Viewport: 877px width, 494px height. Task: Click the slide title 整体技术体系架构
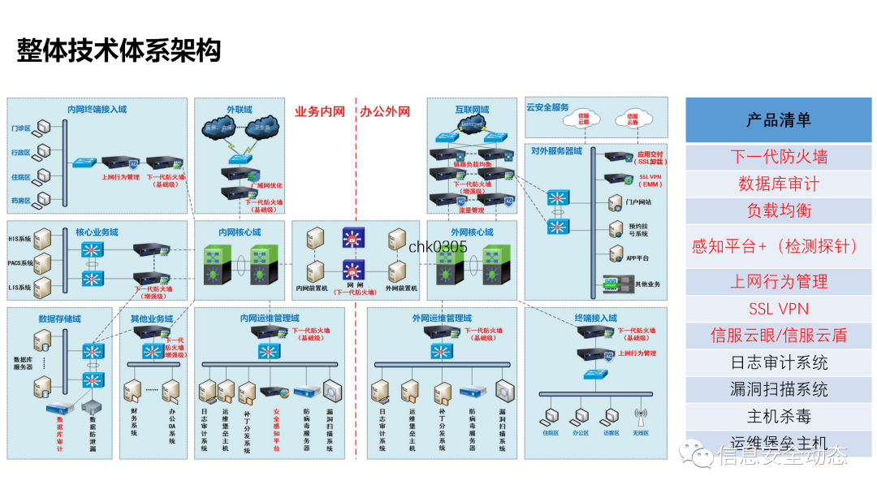tap(119, 50)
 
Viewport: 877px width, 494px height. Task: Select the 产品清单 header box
tap(778, 120)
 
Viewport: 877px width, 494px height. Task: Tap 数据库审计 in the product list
tap(778, 184)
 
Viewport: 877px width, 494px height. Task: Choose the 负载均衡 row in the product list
tap(778, 210)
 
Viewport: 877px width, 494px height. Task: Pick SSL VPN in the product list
tap(778, 309)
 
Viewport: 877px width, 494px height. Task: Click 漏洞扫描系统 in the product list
tap(778, 389)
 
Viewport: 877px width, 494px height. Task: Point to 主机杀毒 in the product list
tap(778, 417)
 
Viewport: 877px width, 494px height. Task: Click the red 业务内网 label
tap(319, 111)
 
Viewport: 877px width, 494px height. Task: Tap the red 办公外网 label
tap(385, 111)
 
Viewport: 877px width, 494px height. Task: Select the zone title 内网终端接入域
tap(97, 109)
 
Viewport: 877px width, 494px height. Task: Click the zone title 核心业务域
tap(97, 232)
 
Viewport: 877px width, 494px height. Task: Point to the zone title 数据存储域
tap(59, 318)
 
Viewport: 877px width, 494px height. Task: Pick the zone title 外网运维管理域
tap(442, 318)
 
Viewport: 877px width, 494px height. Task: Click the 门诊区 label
tap(21, 128)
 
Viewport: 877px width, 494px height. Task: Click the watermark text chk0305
tap(438, 247)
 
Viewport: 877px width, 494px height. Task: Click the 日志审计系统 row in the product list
tap(778, 362)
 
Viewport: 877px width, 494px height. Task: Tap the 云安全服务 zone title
tap(548, 107)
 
